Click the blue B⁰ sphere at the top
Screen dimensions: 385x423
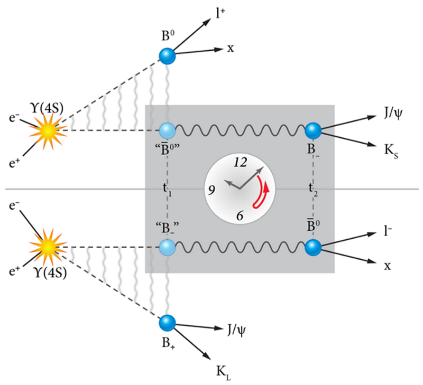pos(167,55)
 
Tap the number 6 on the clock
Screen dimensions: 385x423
pos(240,215)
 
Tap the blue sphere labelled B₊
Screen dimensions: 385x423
pos(167,322)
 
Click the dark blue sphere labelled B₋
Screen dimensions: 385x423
pos(313,130)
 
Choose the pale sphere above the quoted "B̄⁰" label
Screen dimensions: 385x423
pos(167,130)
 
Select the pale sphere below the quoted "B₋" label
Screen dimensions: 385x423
pos(167,247)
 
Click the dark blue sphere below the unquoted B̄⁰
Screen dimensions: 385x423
pos(313,247)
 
